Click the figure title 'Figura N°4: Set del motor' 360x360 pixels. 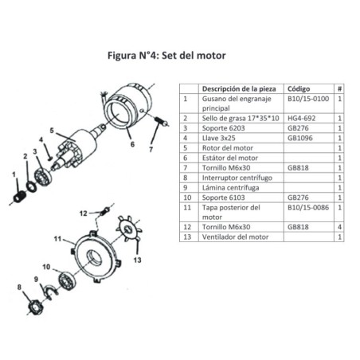click(165, 57)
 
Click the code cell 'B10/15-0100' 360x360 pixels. click(307, 99)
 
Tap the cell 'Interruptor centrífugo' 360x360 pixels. click(237, 178)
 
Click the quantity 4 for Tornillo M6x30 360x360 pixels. click(339, 227)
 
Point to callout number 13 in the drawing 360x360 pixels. click(138, 260)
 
